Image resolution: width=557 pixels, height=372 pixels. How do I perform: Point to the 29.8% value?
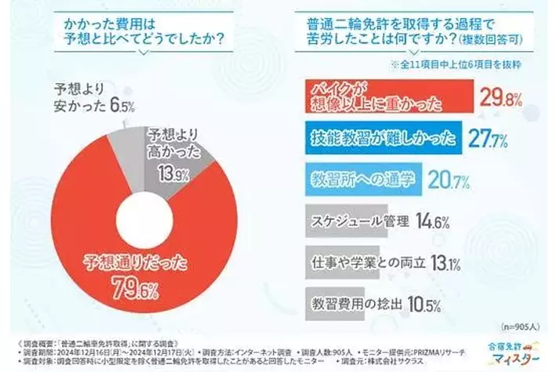point(501,98)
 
